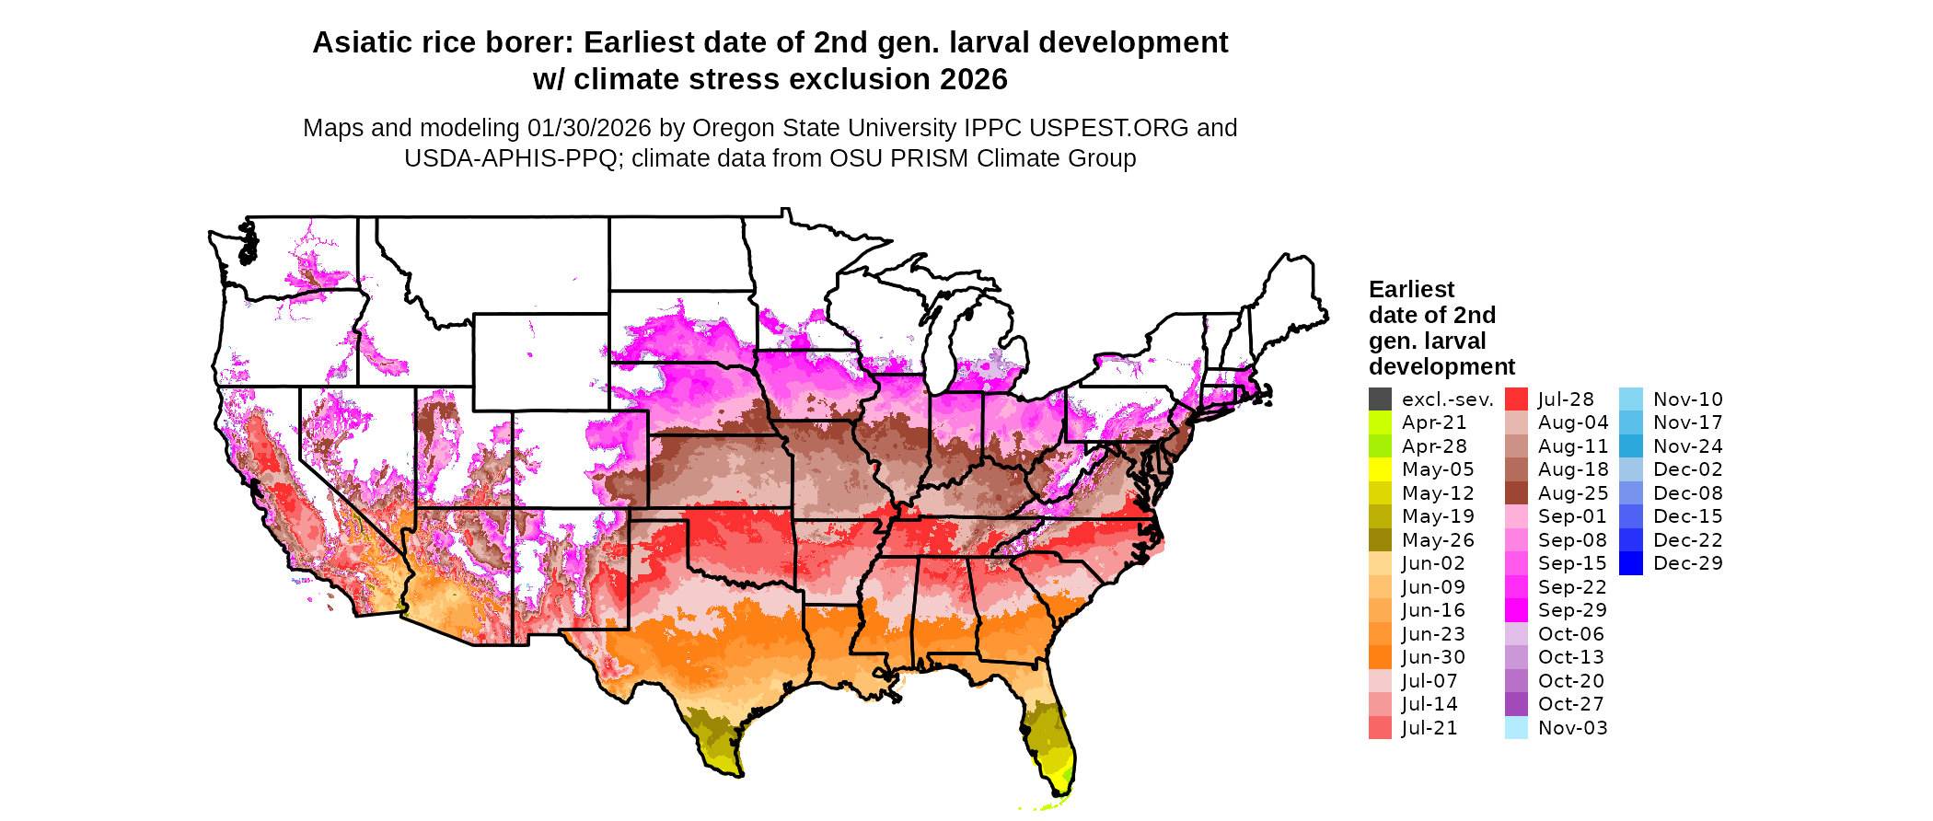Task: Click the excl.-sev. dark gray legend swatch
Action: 1380,399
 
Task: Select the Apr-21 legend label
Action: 1433,422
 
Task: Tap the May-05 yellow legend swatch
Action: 1380,469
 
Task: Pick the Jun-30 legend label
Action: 1433,657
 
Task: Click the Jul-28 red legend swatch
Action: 1516,399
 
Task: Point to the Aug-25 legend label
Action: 1573,493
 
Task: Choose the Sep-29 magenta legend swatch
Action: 1516,610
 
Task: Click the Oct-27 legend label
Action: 1570,704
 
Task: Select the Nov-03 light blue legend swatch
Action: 1516,728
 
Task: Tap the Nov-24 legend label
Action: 1687,446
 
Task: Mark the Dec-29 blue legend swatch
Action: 1630,563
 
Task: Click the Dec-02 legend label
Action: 1687,469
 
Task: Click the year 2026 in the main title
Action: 974,79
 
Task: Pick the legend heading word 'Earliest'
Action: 1411,290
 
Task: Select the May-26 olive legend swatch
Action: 1380,540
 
